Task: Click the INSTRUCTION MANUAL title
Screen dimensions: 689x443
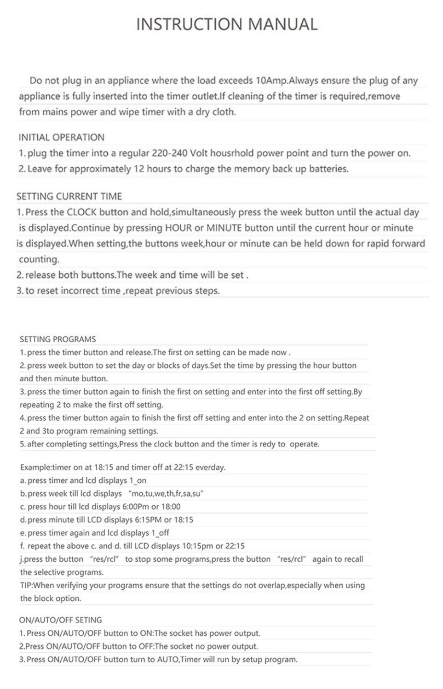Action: click(x=227, y=24)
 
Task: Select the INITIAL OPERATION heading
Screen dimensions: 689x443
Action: click(x=61, y=137)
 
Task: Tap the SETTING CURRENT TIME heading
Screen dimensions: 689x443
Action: click(x=69, y=197)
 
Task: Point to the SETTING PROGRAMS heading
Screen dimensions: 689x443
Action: click(x=58, y=339)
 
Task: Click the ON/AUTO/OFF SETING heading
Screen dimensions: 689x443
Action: click(x=60, y=620)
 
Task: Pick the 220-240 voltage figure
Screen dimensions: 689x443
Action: click(x=168, y=153)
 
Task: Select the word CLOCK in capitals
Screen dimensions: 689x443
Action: click(x=81, y=212)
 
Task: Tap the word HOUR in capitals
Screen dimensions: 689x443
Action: click(x=178, y=228)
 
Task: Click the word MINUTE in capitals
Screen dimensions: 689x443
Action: click(x=224, y=228)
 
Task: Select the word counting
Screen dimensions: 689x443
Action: click(x=39, y=259)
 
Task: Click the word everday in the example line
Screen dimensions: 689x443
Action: click(x=210, y=468)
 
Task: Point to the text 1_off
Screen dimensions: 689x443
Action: click(x=160, y=533)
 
